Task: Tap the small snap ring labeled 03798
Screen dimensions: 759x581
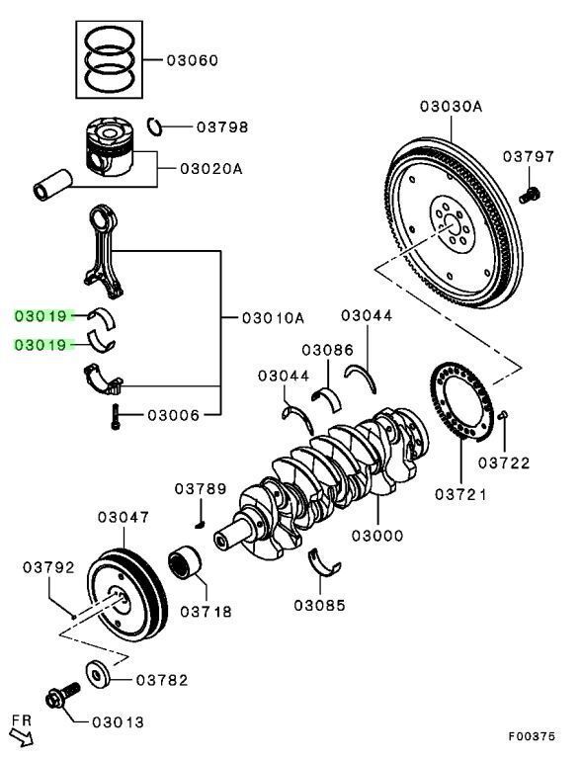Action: [155, 125]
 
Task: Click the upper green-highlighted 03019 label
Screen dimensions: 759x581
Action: [41, 316]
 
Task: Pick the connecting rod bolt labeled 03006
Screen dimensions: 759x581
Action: [116, 416]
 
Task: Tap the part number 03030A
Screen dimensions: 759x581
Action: [450, 107]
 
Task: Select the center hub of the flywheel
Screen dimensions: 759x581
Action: [449, 226]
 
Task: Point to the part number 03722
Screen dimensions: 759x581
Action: [504, 462]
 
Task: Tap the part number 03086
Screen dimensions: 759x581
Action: [328, 350]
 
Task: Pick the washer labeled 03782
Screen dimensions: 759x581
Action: [99, 676]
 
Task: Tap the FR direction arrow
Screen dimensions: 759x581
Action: [21, 731]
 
